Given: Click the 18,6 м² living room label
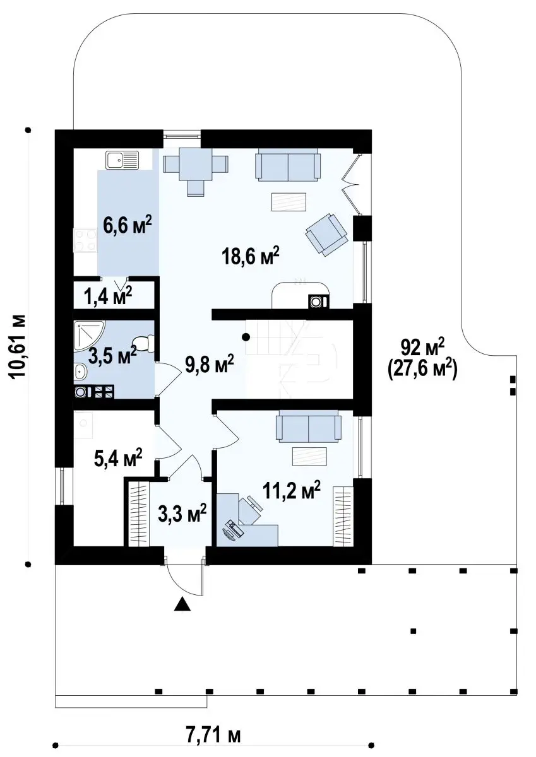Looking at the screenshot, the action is [250, 257].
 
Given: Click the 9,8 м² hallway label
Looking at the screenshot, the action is [210, 365].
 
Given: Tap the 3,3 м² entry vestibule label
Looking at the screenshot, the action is [182, 515].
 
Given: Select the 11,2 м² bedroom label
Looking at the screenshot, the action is [292, 491].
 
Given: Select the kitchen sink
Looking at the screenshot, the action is [122, 160].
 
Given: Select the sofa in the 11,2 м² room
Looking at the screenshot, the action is [309, 426].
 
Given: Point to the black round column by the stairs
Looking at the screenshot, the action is [246, 337].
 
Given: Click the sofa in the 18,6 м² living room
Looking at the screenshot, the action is [288, 165].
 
